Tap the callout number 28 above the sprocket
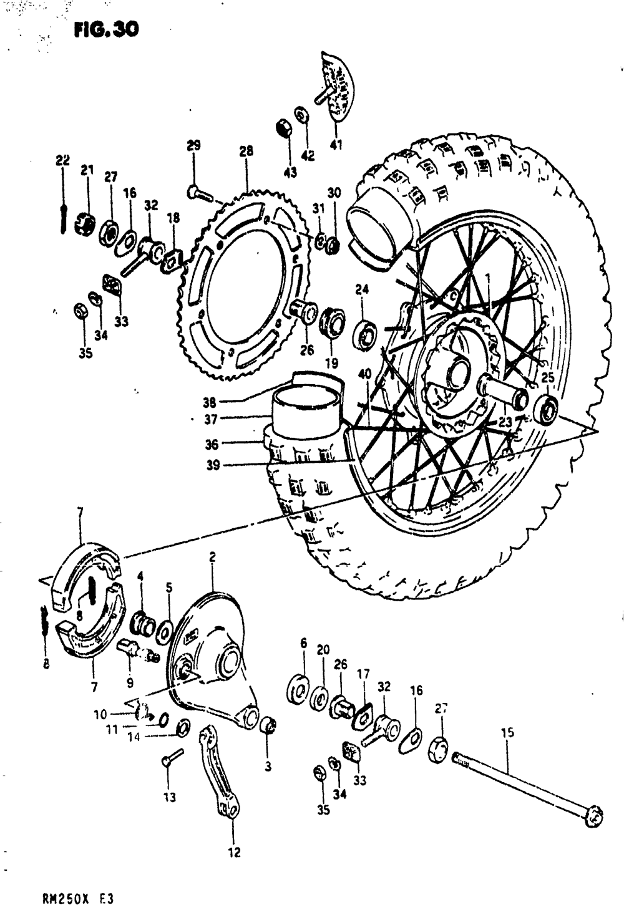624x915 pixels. point(246,151)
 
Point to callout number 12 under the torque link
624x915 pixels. point(234,852)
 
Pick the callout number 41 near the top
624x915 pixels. point(337,147)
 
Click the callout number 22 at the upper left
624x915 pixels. point(62,160)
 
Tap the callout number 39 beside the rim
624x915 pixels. point(213,465)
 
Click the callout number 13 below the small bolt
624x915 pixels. point(170,797)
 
